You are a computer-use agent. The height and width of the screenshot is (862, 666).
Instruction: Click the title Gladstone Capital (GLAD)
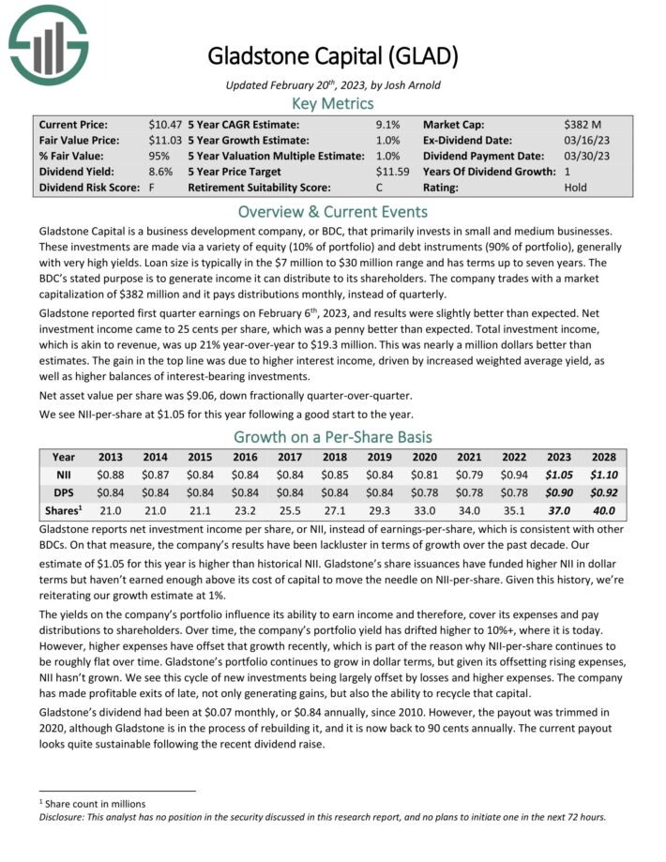tap(333, 56)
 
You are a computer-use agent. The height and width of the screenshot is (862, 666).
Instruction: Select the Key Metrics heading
tap(333, 103)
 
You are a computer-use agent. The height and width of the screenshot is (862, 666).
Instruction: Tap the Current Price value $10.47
tap(165, 124)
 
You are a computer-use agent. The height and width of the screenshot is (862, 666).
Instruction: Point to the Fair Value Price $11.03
tap(165, 140)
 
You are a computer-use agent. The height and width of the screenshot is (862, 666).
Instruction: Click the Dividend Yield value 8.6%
tap(160, 172)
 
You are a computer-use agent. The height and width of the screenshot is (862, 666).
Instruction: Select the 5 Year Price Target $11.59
tap(394, 172)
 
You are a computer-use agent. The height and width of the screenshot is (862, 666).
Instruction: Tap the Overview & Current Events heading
tap(333, 211)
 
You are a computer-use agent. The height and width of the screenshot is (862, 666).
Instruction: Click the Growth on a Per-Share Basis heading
tap(333, 436)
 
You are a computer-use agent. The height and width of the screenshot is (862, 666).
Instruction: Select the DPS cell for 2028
tap(603, 493)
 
